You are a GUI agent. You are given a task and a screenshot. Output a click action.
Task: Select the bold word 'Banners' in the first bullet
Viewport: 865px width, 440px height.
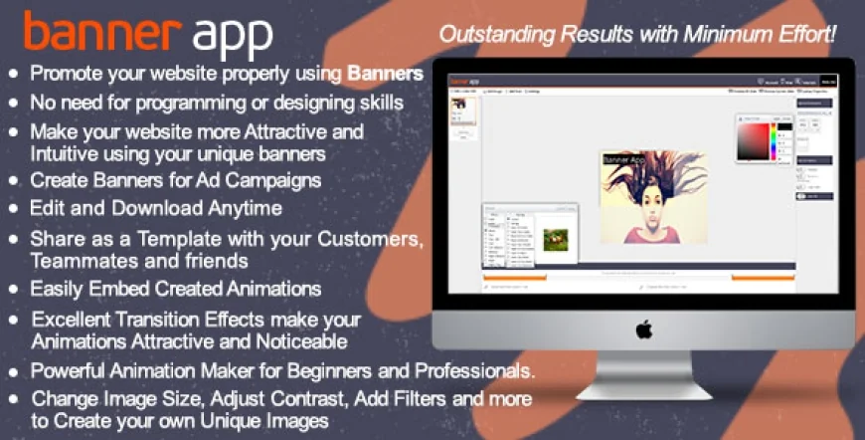coord(386,74)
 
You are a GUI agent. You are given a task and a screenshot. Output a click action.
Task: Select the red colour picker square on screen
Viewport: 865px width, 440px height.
coord(753,140)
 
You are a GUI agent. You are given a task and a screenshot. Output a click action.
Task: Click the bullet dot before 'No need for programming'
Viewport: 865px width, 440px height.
coord(13,104)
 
